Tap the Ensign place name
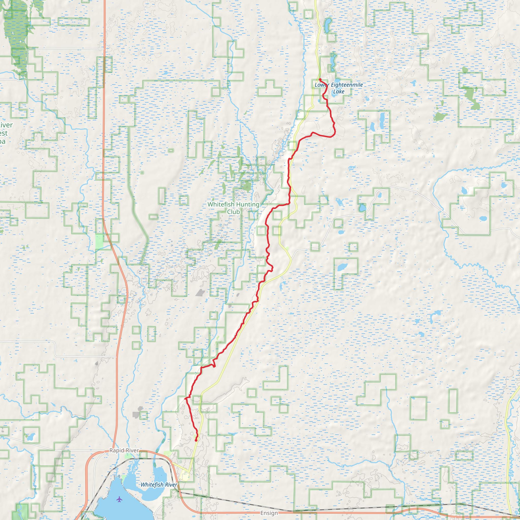pos(269,513)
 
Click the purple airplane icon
pos(120,499)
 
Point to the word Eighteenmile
pos(347,85)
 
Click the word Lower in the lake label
pos(322,85)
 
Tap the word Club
pos(233,212)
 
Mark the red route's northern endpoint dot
pos(320,79)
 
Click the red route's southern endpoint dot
pos(196,440)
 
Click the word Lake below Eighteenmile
pos(339,92)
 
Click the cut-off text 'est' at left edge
pos(4,133)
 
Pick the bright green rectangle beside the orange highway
pos(99,242)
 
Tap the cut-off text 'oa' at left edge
pos(3,142)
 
